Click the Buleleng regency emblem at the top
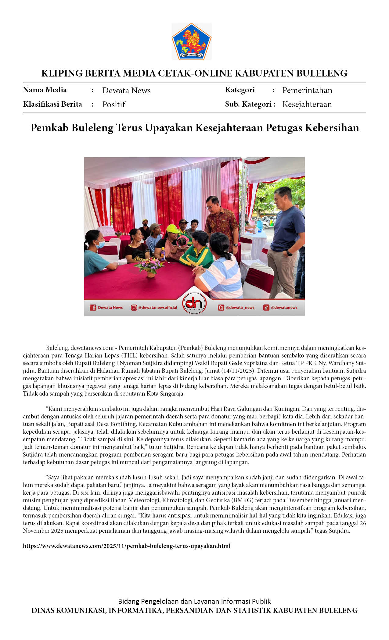[192, 41]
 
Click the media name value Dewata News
[126, 91]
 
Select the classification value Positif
[114, 105]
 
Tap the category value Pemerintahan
[307, 90]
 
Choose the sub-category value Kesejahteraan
[307, 104]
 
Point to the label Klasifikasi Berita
[52, 104]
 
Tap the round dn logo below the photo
[194, 304]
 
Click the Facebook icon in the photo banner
[93, 308]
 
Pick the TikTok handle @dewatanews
[284, 308]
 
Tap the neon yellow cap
[173, 228]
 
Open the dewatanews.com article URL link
[127, 546]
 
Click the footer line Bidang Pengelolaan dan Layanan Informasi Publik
[194, 601]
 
